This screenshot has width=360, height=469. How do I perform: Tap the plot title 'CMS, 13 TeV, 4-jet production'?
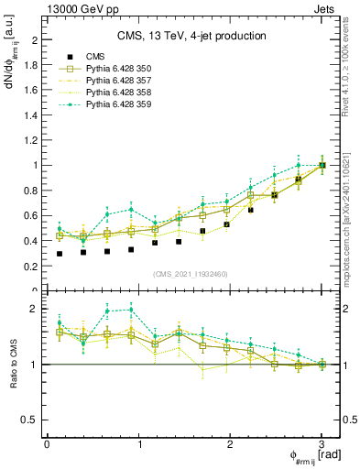[x=191, y=37]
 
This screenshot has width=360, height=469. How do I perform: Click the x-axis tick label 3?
[x=322, y=444]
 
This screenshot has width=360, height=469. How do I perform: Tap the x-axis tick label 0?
[x=47, y=444]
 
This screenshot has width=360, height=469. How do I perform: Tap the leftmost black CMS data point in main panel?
[x=60, y=254]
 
